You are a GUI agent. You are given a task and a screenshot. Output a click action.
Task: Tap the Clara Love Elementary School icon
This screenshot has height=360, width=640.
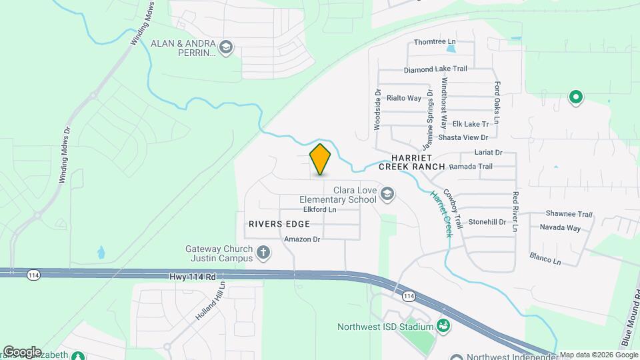pos(388,194)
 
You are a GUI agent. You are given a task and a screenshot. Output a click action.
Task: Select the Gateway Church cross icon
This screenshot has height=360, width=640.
pos(263,253)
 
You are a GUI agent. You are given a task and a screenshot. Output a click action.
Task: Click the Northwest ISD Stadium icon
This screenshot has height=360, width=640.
pos(442,326)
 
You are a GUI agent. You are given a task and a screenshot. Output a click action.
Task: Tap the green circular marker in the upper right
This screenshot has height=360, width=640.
pos(575,97)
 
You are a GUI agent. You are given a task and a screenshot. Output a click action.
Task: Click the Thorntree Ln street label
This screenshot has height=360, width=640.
pos(434,41)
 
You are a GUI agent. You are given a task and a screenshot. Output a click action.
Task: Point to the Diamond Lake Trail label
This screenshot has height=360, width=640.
pos(435,69)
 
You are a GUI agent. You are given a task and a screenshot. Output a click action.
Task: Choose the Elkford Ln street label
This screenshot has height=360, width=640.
pos(320,209)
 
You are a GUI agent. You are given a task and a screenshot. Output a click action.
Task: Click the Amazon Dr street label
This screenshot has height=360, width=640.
pos(303,239)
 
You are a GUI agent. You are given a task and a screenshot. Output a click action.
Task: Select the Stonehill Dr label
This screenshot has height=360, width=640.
pos(487,221)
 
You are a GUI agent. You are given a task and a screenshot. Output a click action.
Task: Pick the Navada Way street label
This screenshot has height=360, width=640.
pos(560,228)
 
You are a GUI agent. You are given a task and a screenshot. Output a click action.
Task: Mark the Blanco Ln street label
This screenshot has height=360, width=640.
pos(545,257)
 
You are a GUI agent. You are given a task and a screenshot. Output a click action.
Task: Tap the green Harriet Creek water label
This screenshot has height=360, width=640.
pos(441,213)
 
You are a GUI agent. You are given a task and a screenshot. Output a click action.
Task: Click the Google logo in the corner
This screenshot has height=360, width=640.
pos(22,351)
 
